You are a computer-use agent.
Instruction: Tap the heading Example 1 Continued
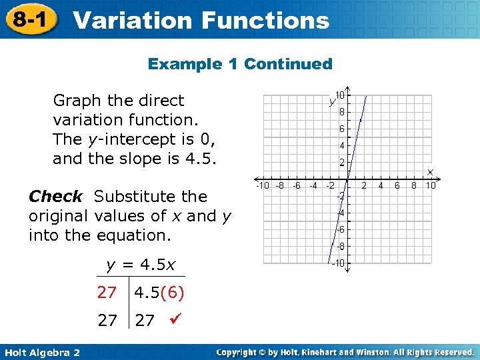pyautogui.click(x=240, y=64)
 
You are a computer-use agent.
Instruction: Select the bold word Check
pyautogui.click(x=55, y=197)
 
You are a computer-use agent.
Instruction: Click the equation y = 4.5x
pyautogui.click(x=141, y=265)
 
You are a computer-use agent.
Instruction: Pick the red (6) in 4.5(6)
pyautogui.click(x=173, y=293)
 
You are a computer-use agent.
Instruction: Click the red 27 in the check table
pyautogui.click(x=107, y=293)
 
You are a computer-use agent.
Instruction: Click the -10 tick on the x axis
pyautogui.click(x=263, y=186)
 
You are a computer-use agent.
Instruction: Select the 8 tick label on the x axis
pyautogui.click(x=414, y=186)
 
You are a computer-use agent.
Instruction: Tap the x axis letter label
pyautogui.click(x=430, y=172)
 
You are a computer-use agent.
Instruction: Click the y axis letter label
pyautogui.click(x=331, y=101)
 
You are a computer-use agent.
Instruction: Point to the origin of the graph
pyautogui.click(x=347, y=179)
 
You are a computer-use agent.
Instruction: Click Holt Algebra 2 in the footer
pyautogui.click(x=41, y=352)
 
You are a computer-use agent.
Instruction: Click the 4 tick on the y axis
pyautogui.click(x=341, y=145)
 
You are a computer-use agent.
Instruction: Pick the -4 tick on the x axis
pyautogui.click(x=313, y=186)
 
